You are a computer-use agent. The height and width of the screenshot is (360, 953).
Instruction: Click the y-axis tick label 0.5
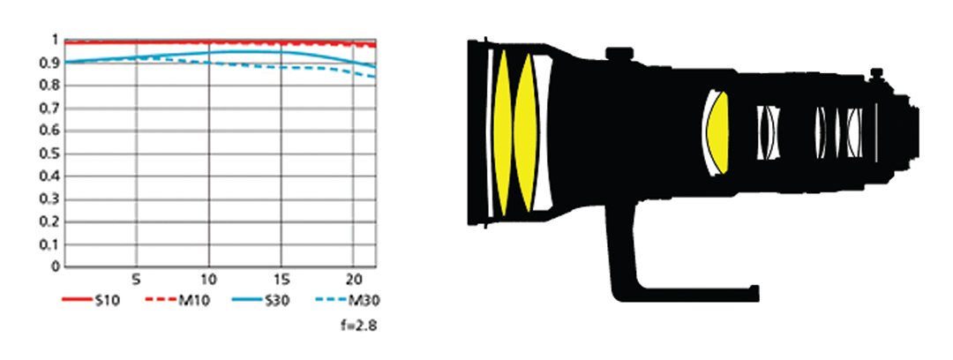coord(49,154)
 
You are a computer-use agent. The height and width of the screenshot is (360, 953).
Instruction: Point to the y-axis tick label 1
coord(55,40)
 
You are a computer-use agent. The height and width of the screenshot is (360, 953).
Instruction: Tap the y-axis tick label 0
coord(55,267)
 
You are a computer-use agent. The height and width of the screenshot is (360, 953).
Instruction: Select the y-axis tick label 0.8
coord(49,86)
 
